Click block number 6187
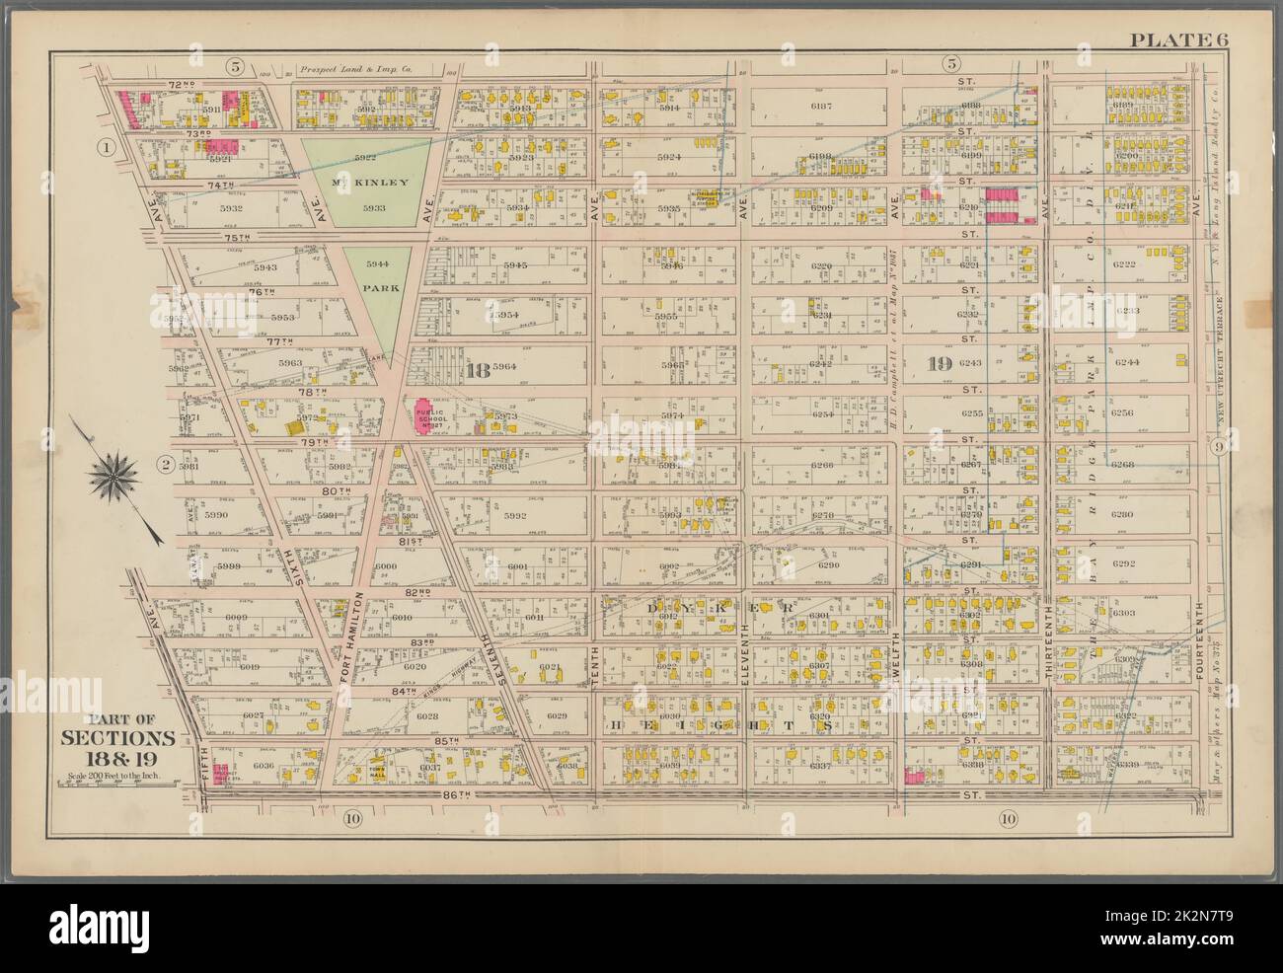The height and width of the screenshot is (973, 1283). tap(821, 106)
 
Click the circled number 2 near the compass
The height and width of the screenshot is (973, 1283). tap(168, 464)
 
